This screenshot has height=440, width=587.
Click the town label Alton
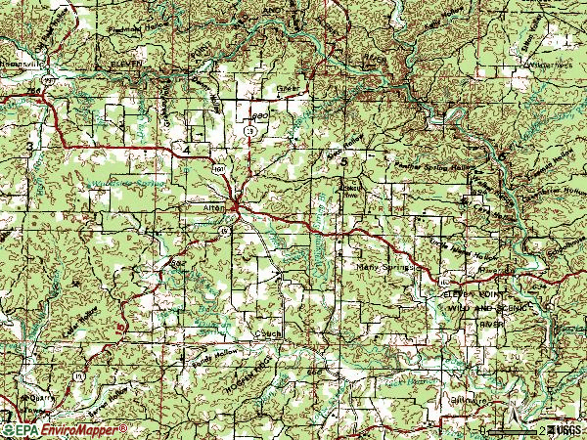pyautogui.click(x=213, y=207)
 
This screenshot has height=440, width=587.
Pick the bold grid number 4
pyautogui.click(x=186, y=149)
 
